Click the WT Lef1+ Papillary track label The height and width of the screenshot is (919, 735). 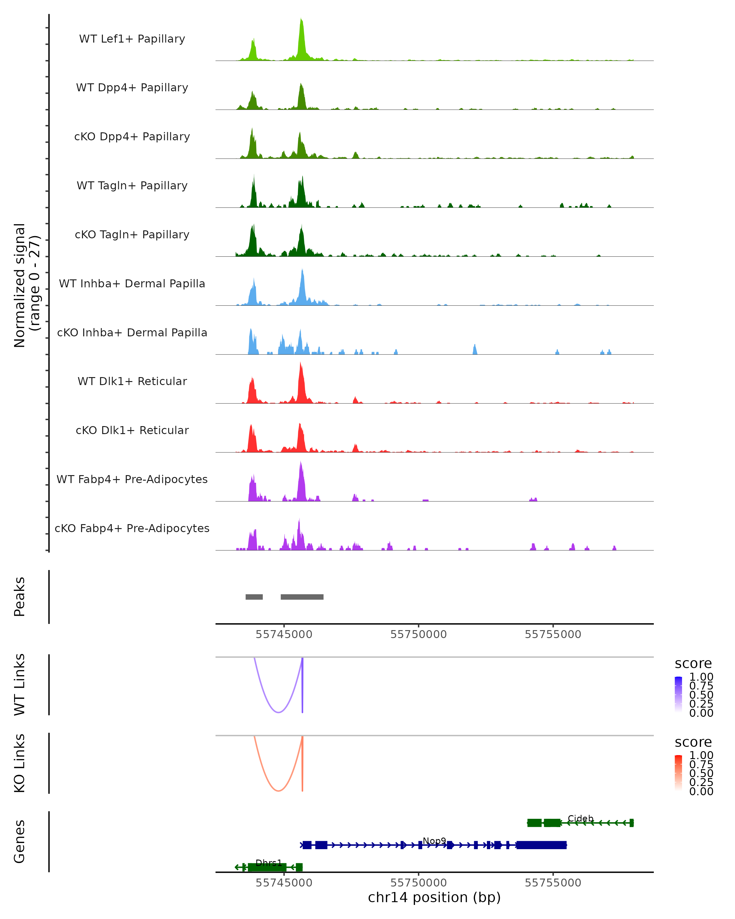click(x=132, y=39)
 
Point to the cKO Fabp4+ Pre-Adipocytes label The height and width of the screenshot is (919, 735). click(x=132, y=528)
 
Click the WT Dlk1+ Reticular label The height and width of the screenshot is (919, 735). click(x=132, y=381)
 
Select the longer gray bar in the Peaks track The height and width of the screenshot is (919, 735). click(x=302, y=597)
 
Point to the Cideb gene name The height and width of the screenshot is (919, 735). click(x=580, y=819)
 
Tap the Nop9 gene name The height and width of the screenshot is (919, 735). click(x=434, y=841)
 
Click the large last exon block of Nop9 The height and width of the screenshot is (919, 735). click(x=541, y=845)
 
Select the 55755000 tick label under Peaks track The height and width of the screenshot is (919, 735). click(x=553, y=634)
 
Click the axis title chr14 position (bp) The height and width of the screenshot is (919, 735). click(x=434, y=898)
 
